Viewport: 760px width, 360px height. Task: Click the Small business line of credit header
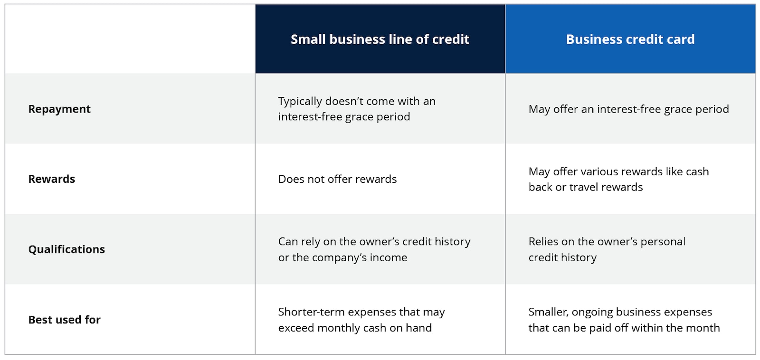point(380,39)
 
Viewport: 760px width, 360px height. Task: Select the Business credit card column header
point(630,39)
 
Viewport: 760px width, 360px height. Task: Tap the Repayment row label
point(59,109)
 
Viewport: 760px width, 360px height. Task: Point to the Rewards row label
point(52,179)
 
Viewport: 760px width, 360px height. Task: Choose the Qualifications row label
point(66,249)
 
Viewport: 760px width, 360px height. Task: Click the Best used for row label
point(65,320)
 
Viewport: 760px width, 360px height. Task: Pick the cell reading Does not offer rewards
point(337,179)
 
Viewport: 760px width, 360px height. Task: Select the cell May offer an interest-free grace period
point(628,109)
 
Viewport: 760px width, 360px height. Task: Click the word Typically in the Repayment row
point(300,101)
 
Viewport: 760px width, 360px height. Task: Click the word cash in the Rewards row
point(697,171)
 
